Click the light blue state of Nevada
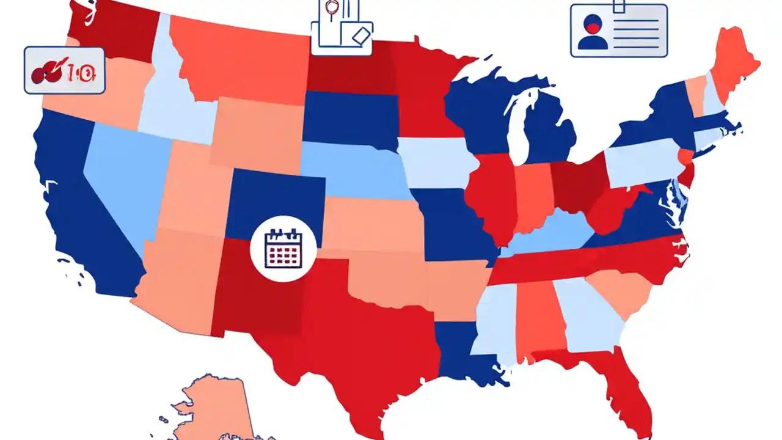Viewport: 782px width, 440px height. [x=122, y=177]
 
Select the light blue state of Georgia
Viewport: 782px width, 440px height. [x=586, y=318]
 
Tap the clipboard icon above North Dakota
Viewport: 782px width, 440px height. [x=342, y=28]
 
